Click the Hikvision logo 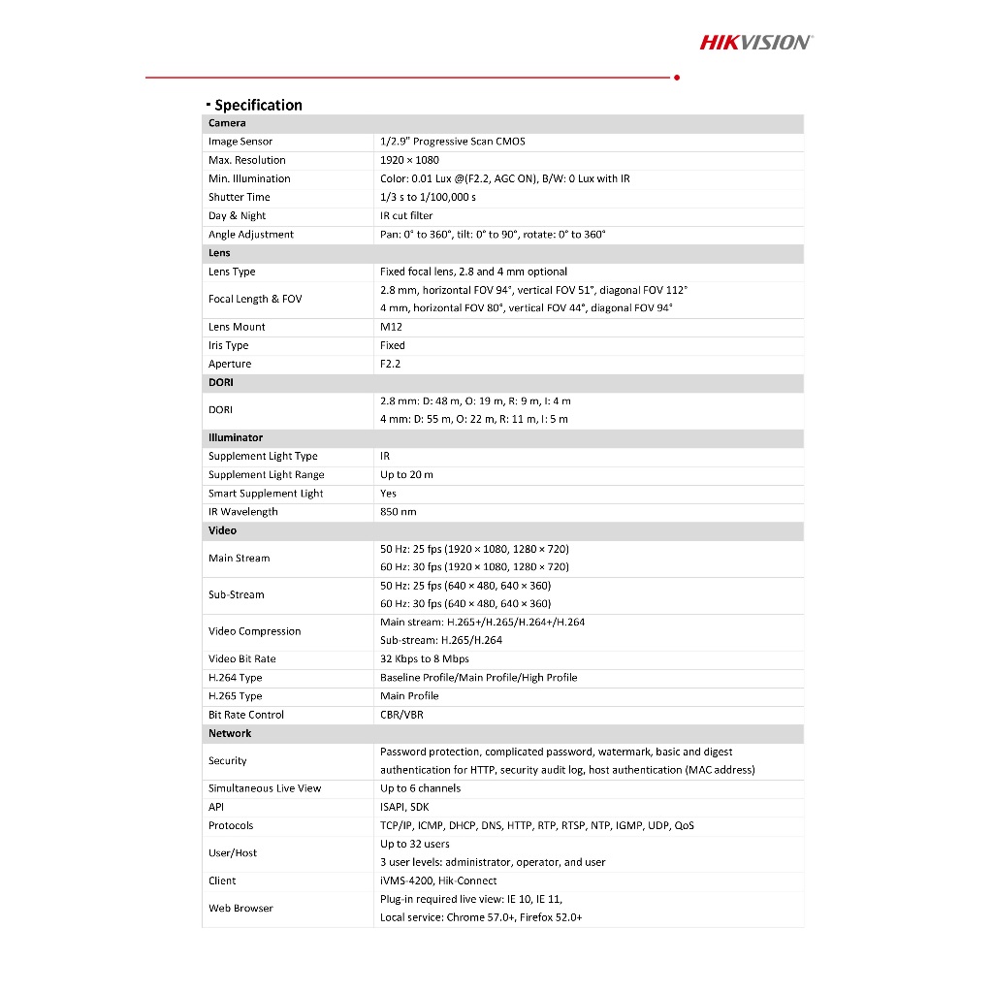point(756,42)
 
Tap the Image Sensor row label point(240,142)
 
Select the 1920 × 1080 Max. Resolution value point(409,160)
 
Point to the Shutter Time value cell point(428,197)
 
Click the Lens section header point(219,253)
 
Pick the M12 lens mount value point(391,327)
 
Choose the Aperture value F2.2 point(390,364)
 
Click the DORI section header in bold point(220,382)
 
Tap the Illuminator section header point(236,437)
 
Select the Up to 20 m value point(406,475)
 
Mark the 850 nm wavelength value point(398,512)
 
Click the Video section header point(222,530)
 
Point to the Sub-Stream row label point(236,594)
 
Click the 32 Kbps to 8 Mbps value point(424,659)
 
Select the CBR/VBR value point(401,715)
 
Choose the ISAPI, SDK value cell point(404,807)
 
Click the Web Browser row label point(240,909)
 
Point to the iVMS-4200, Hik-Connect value point(438,881)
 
